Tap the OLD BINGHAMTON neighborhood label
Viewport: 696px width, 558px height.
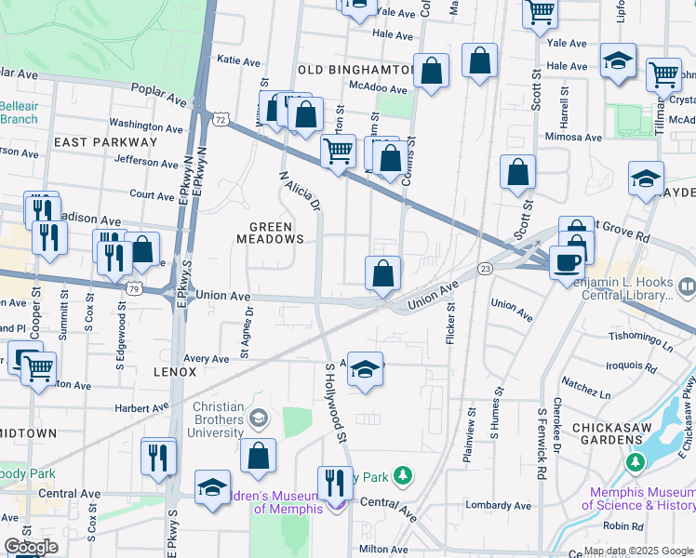pos(355,70)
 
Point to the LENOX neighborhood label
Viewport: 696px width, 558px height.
pos(175,371)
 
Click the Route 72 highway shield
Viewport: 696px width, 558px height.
pos(220,120)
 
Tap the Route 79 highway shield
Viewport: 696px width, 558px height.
pos(135,288)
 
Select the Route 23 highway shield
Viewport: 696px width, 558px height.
pos(485,268)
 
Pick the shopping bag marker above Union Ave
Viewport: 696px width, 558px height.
pos(382,274)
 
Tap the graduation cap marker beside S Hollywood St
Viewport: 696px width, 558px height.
pos(366,371)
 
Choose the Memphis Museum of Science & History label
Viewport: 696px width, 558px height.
pos(638,498)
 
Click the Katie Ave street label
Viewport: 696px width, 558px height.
pos(238,61)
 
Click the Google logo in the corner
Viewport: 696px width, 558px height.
pos(31,547)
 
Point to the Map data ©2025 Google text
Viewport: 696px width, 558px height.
pos(637,551)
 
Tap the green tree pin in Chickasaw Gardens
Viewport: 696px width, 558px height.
pos(636,461)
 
